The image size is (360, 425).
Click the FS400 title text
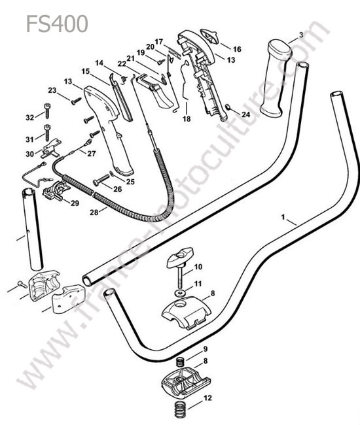pos(57,24)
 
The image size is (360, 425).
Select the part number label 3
pos(301,35)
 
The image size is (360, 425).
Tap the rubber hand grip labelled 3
pos(276,78)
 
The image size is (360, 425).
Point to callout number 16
pos(237,49)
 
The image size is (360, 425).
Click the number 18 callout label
pos(187,118)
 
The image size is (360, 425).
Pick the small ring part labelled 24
pos(228,108)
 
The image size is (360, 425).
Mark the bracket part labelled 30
pos(52,148)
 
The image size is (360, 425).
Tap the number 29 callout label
pos(75,203)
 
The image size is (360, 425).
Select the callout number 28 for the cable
pos(94,212)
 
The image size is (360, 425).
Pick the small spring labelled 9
pos(181,362)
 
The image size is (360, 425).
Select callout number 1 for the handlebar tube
pos(283,217)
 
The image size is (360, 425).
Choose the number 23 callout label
pos(52,90)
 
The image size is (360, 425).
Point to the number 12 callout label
pos(207,398)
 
